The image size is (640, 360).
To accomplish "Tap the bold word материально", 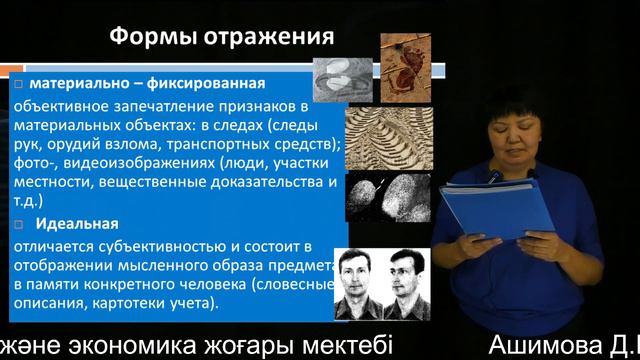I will click(76, 83).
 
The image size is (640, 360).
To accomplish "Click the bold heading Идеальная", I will click(75, 223).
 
